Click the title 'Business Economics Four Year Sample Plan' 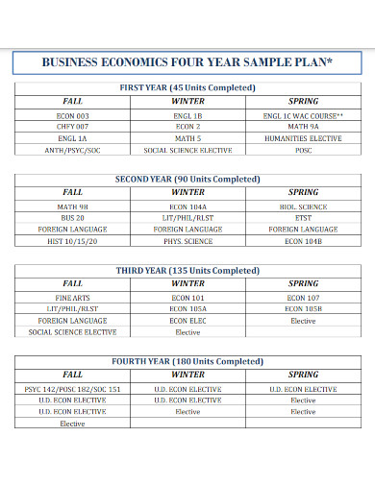[187, 62]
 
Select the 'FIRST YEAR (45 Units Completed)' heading [187, 87]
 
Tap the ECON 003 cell [73, 114]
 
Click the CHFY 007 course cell [73, 126]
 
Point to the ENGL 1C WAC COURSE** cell [303, 114]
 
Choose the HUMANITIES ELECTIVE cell [303, 137]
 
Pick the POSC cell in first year [303, 150]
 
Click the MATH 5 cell [187, 137]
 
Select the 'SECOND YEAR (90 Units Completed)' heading [187, 179]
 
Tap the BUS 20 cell [73, 218]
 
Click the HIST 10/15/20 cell [73, 241]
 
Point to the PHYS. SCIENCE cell [187, 241]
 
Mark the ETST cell [303, 218]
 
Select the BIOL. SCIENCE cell [303, 206]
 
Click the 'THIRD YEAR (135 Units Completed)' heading [187, 271]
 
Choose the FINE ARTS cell [73, 298]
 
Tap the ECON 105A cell [187, 309]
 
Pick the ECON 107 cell [303, 298]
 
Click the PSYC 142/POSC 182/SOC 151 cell [73, 389]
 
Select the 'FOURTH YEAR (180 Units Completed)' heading [187, 361]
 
